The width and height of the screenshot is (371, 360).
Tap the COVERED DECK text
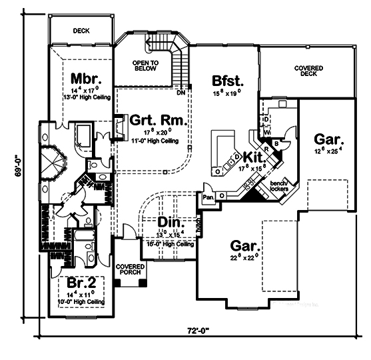pyautogui.click(x=309, y=71)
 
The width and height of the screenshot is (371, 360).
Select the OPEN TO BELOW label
pyautogui.click(x=145, y=65)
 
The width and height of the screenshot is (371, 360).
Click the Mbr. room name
pyautogui.click(x=85, y=77)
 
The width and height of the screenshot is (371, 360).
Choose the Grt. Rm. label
pyautogui.click(x=157, y=120)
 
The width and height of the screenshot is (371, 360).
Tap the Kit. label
pyautogui.click(x=255, y=157)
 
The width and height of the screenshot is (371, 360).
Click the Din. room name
pyautogui.click(x=171, y=222)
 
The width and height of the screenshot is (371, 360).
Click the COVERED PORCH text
pyautogui.click(x=129, y=270)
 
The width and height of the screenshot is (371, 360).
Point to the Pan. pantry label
pyautogui.click(x=208, y=197)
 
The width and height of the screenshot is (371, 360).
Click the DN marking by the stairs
pyautogui.click(x=181, y=93)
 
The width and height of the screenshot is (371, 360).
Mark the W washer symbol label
pyautogui.click(x=266, y=132)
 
